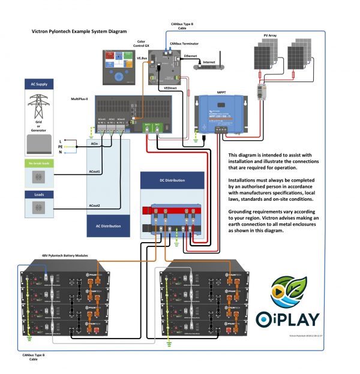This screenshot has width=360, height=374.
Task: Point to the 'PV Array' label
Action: (x=271, y=36)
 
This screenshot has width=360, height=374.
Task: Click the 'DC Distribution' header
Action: (x=172, y=180)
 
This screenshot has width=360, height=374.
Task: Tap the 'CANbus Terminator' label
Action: (x=184, y=44)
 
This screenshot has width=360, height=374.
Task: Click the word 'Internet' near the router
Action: (x=209, y=62)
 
